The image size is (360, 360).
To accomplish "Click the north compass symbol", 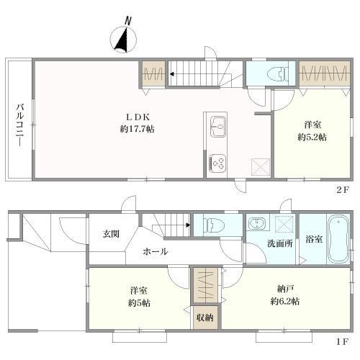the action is [123, 39].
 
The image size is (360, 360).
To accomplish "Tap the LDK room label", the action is [138, 117].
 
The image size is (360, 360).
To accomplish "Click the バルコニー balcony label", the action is [20, 125].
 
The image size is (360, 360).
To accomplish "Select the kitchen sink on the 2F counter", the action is [218, 127].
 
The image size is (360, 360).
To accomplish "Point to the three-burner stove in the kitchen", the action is [217, 163].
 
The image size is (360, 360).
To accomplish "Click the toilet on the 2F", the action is [278, 73].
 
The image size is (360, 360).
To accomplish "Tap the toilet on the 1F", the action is [214, 225].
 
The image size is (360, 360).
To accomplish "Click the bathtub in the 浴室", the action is [338, 239].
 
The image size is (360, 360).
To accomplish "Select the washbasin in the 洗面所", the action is [257, 223].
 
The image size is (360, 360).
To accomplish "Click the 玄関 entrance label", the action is [111, 234].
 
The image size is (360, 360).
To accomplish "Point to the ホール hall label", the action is [156, 252].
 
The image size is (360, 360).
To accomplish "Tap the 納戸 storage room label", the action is [285, 289].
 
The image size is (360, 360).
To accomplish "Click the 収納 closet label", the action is [204, 318].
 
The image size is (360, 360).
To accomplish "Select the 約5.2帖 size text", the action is [312, 138].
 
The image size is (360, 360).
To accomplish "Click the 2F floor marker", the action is [342, 190].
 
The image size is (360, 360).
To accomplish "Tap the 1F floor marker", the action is [342, 341].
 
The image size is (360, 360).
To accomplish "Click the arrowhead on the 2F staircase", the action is [171, 74].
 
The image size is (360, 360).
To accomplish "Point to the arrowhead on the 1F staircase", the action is [189, 225].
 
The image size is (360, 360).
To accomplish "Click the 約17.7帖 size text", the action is [137, 130].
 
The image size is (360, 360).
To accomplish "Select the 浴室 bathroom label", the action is [314, 239].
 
